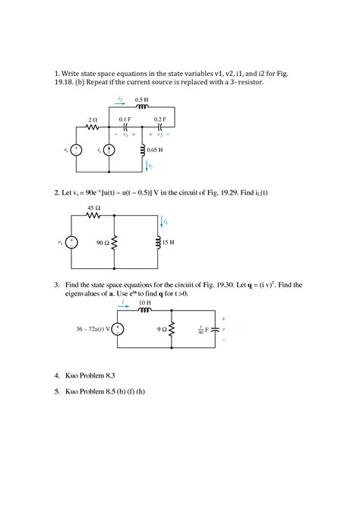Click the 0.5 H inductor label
[140, 100]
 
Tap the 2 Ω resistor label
[93, 120]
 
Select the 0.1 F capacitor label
[125, 120]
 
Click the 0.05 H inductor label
[156, 150]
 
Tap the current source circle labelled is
[108, 150]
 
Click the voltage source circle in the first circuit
[75, 150]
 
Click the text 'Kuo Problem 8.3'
[92, 376]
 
